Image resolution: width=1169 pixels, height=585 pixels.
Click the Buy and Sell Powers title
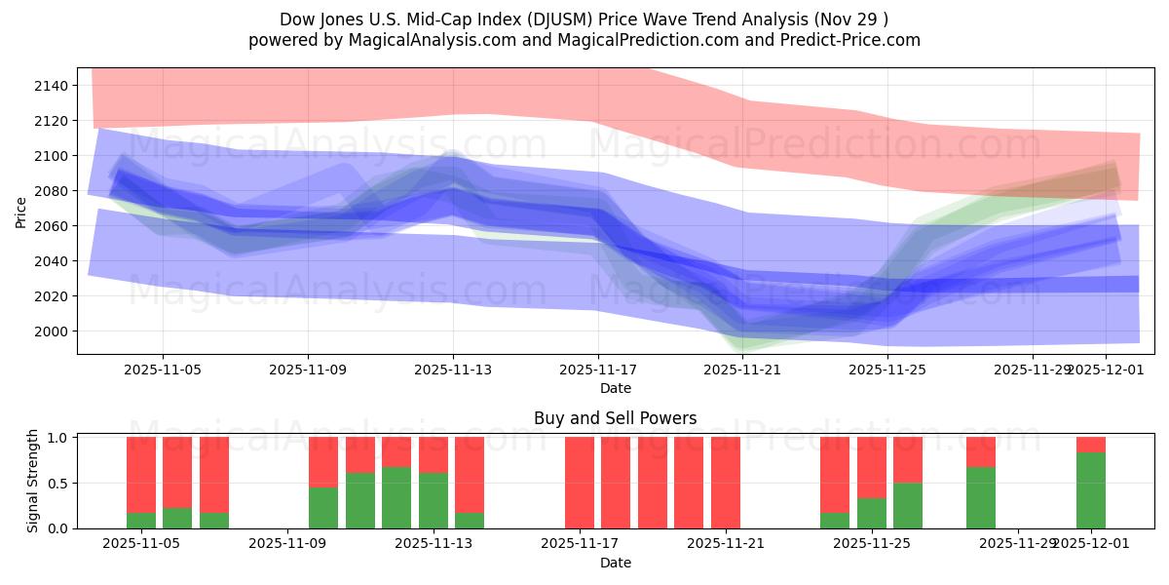(615, 418)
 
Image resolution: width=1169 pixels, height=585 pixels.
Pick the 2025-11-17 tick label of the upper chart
(598, 370)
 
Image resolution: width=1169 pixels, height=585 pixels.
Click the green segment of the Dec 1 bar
(1091, 490)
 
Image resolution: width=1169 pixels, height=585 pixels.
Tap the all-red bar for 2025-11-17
(580, 483)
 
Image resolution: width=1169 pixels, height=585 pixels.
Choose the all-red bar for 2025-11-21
(726, 483)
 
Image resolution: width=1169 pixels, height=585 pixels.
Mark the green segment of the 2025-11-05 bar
(141, 521)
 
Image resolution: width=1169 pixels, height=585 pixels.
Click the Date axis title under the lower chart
(615, 563)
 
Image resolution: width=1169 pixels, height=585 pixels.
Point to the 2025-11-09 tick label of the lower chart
(289, 543)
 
